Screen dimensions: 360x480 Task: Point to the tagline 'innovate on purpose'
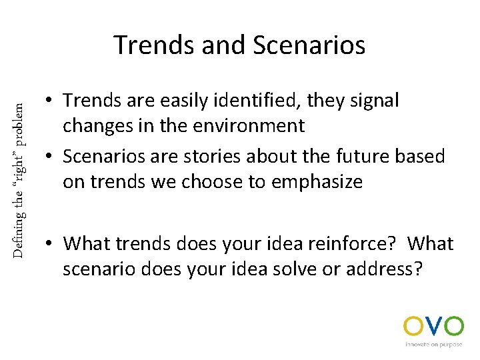point(433,345)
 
